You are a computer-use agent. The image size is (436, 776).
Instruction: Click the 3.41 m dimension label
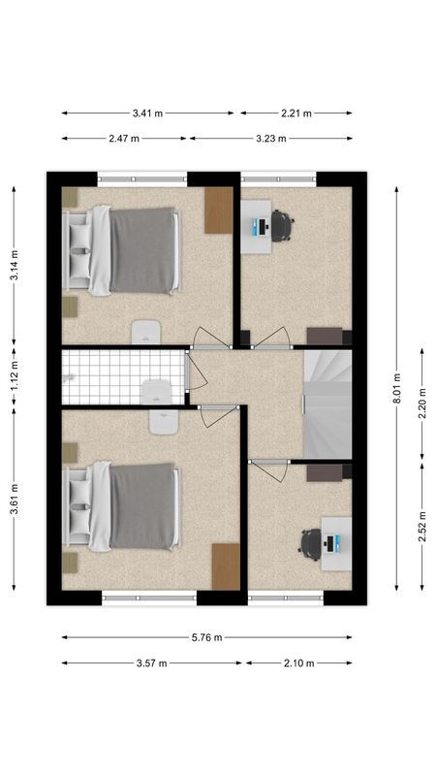pyautogui.click(x=147, y=113)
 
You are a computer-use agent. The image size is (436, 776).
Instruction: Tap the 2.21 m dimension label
pyautogui.click(x=296, y=113)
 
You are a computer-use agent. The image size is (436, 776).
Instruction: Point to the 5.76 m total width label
pyautogui.click(x=207, y=637)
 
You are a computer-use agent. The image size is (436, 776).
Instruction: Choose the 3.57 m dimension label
pyautogui.click(x=151, y=663)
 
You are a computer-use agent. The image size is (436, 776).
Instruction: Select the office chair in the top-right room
pyautogui.click(x=281, y=226)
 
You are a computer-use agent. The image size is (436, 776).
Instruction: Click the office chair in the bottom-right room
pyautogui.click(x=310, y=543)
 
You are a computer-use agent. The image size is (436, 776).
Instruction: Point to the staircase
pyautogui.click(x=327, y=403)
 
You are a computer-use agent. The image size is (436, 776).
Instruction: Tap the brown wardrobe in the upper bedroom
pyautogui.click(x=219, y=209)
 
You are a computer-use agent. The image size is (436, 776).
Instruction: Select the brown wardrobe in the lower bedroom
pyautogui.click(x=226, y=566)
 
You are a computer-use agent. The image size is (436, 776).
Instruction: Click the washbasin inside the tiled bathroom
pyautogui.click(x=156, y=392)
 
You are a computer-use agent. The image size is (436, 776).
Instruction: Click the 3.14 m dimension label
pyautogui.click(x=14, y=265)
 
